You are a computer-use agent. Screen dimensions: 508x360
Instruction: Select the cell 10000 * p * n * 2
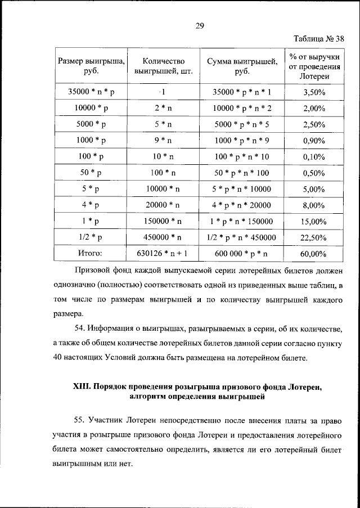(242, 107)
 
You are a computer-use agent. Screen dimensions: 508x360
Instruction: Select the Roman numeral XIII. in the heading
(84, 387)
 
